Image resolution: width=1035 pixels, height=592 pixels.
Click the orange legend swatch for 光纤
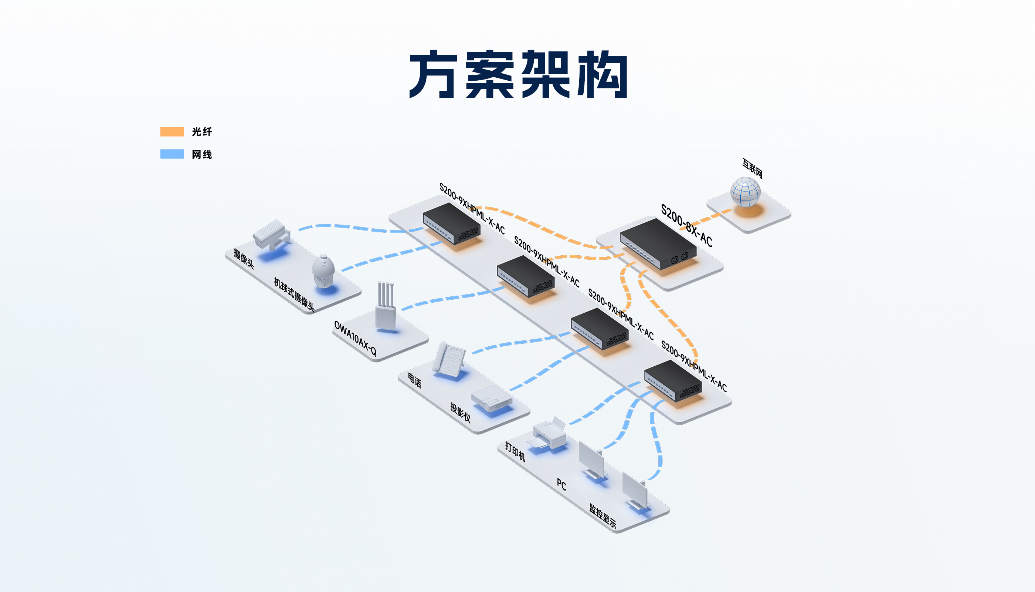tap(172, 131)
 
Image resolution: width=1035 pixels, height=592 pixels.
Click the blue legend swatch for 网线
tap(172, 154)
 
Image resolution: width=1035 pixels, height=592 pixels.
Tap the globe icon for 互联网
tap(745, 192)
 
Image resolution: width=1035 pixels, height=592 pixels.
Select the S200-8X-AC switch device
tap(658, 243)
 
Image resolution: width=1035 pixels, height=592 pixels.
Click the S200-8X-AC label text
tap(686, 225)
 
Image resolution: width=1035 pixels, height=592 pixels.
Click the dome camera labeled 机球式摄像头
tap(323, 271)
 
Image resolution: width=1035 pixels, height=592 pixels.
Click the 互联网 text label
tap(752, 168)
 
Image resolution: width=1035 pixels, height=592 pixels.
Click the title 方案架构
tap(518, 74)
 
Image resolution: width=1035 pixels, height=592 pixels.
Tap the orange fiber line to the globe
tap(711, 218)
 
